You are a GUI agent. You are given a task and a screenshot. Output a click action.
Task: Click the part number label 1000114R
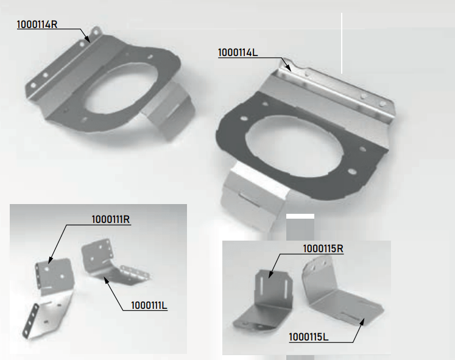click(37, 24)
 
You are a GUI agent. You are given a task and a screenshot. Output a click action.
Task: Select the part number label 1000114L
click(238, 53)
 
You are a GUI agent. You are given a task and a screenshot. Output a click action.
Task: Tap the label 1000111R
click(111, 219)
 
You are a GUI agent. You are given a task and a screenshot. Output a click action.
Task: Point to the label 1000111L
click(149, 305)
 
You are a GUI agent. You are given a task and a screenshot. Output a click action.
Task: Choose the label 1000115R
click(323, 249)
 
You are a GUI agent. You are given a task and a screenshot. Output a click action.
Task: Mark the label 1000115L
click(309, 337)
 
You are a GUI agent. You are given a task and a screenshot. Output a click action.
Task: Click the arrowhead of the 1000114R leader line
click(88, 40)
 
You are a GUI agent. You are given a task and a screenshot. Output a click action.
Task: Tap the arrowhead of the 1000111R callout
click(50, 260)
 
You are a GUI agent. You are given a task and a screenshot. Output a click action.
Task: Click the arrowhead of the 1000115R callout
click(270, 275)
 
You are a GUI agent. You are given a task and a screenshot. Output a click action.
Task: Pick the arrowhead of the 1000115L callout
click(362, 322)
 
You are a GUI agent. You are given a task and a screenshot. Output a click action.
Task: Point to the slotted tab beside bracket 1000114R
click(171, 110)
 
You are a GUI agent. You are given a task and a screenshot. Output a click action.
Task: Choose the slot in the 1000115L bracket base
click(350, 316)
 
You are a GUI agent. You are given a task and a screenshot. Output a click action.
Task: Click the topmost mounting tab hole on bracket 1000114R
click(97, 30)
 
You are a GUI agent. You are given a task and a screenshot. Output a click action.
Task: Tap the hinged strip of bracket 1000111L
click(136, 274)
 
